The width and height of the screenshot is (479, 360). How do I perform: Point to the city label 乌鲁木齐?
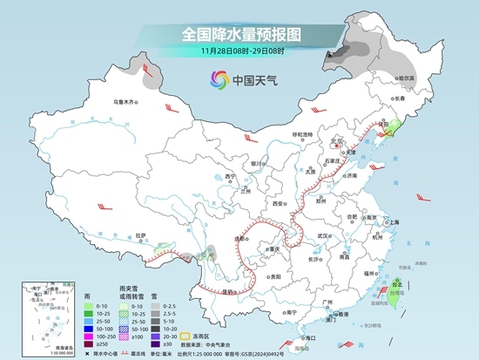pos(126,102)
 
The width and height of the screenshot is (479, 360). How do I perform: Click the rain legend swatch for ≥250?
pos(91,344)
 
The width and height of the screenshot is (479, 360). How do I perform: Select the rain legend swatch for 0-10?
pos(91,305)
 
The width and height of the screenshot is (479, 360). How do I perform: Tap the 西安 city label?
pos(277,202)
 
